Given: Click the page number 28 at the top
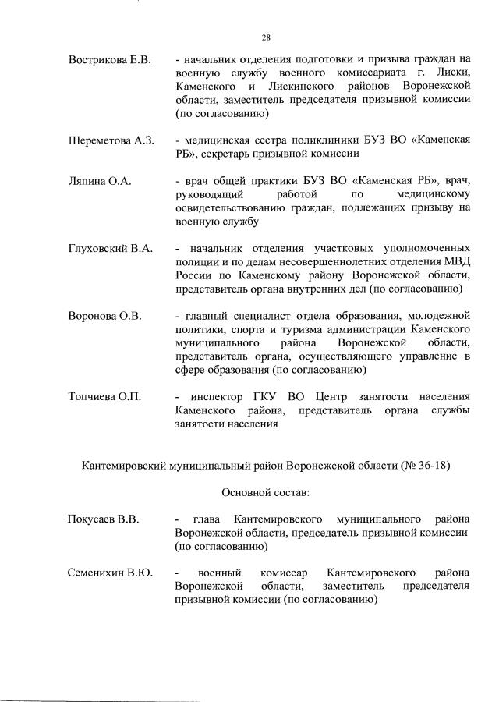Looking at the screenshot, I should click(x=266, y=37).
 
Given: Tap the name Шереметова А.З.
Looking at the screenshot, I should click(x=111, y=140).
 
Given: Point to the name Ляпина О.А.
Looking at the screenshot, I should click(x=99, y=181).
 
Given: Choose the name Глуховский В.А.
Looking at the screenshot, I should click(x=109, y=248).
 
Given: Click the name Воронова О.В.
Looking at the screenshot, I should click(x=104, y=315).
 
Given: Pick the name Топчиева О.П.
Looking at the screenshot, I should click(x=104, y=397).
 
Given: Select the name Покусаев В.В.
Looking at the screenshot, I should click(x=103, y=519).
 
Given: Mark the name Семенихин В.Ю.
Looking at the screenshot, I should click(x=110, y=573).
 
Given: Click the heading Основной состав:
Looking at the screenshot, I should click(x=266, y=492).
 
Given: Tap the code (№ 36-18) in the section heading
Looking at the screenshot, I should click(x=426, y=466).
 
